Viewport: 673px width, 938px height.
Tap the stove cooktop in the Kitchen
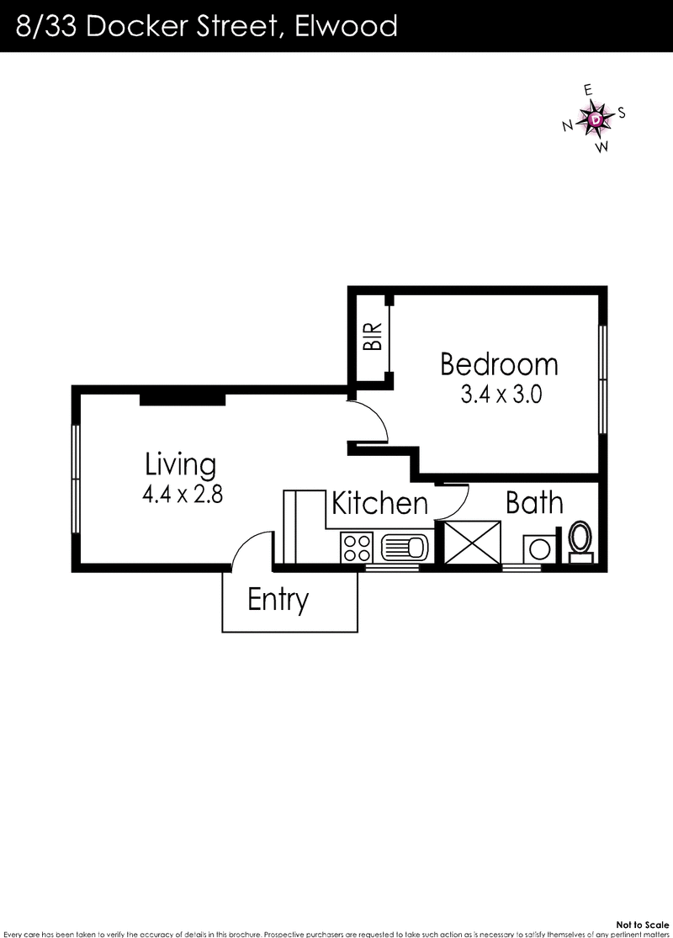357,548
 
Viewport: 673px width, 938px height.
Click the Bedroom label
499,364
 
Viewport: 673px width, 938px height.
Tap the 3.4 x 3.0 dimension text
499,395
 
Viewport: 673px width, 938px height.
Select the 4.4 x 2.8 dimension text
182,494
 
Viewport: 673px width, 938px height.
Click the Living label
180,464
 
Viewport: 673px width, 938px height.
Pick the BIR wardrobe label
372,337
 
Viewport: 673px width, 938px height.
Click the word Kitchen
379,504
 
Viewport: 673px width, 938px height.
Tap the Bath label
534,503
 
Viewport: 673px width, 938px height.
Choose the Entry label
278,600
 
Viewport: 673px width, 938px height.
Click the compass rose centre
596,120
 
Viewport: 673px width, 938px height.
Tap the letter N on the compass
568,126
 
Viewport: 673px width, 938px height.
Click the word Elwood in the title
345,26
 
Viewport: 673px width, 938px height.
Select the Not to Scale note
643,923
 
